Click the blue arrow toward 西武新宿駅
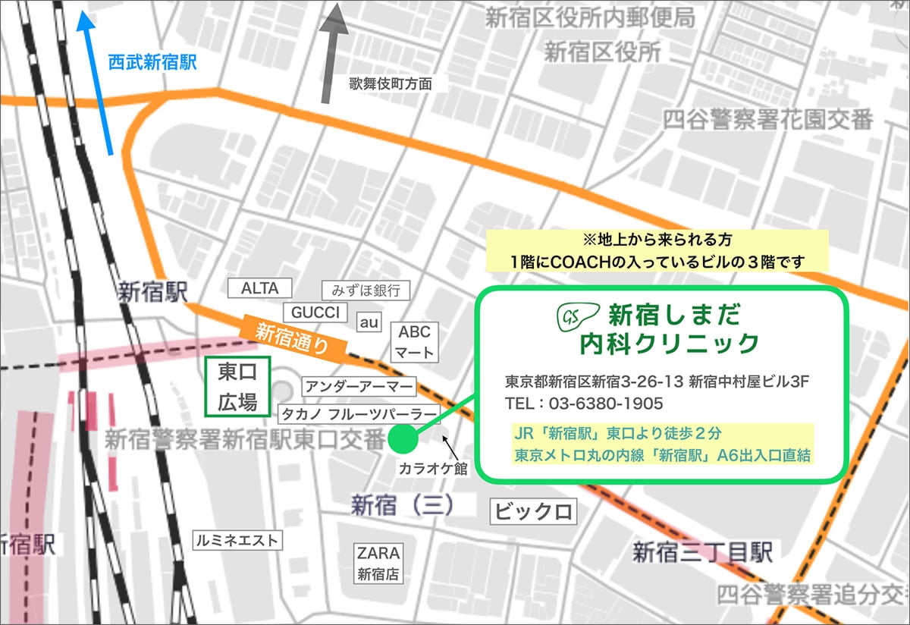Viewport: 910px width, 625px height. (100, 83)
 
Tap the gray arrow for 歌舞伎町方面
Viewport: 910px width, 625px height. (331, 53)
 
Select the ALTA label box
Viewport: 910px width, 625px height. (260, 288)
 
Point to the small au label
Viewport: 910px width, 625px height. (369, 322)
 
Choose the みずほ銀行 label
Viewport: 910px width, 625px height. (366, 290)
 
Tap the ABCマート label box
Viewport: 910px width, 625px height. (414, 342)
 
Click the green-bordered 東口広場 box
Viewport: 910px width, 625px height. (238, 386)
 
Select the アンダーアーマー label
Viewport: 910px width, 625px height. (359, 388)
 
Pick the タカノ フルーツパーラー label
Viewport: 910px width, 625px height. (359, 414)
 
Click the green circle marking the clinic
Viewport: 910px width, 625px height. (402, 438)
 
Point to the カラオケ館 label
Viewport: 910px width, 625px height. (433, 469)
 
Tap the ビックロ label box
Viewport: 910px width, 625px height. (533, 511)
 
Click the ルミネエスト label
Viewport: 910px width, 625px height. (237, 540)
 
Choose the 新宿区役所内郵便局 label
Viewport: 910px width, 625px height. (589, 17)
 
